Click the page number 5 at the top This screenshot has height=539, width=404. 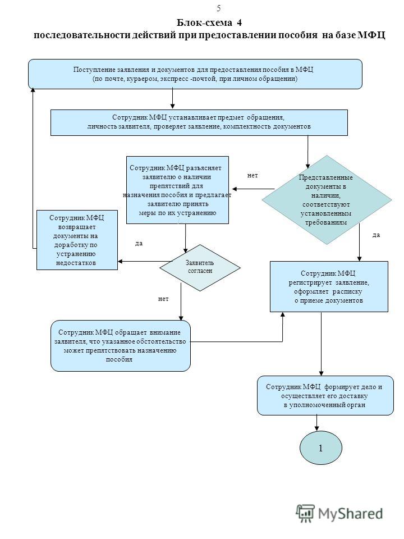[218, 8]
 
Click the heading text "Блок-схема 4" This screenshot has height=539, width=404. [209, 22]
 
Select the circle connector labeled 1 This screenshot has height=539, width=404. [321, 447]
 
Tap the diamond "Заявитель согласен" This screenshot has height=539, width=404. [200, 267]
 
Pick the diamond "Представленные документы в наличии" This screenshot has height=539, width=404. [327, 200]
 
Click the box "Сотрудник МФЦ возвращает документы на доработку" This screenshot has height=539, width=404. [77, 240]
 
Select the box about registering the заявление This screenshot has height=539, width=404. [329, 287]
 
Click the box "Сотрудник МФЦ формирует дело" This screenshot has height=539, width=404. [325, 395]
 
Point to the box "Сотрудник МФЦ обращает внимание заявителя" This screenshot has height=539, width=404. [121, 346]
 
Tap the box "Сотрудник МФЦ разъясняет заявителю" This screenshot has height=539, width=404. [178, 190]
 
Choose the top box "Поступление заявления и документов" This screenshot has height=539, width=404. [195, 74]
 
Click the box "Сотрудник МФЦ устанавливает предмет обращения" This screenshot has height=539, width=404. [199, 122]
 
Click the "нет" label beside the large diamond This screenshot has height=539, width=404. [252, 176]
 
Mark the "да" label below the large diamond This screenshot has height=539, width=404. [377, 235]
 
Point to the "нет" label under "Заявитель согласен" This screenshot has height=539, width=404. [163, 299]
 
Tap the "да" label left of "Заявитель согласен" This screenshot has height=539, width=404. [139, 243]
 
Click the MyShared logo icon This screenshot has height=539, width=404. [305, 514]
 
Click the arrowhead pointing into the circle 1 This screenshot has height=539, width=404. [316, 427]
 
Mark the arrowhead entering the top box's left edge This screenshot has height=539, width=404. [33, 90]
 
